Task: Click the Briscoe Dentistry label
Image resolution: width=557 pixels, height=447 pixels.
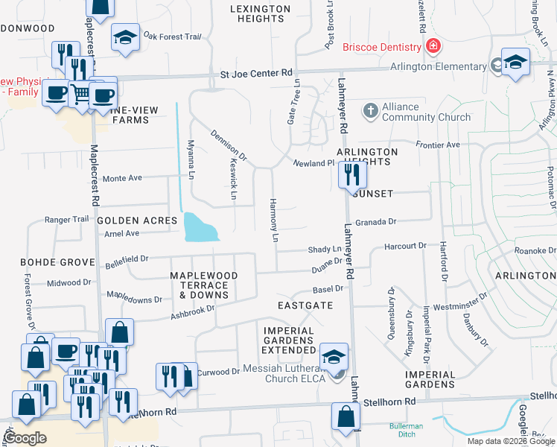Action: [382, 48]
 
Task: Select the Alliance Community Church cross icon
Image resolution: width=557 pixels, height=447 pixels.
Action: [371, 112]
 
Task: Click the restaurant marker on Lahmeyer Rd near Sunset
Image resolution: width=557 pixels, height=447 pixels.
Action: [351, 175]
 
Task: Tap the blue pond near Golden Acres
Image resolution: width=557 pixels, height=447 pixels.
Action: [200, 227]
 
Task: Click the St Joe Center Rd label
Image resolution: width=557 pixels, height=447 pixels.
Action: [256, 73]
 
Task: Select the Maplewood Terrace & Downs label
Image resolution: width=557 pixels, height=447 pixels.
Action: [203, 285]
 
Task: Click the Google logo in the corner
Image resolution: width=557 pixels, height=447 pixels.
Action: [25, 438]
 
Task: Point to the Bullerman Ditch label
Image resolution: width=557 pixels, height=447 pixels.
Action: [406, 430]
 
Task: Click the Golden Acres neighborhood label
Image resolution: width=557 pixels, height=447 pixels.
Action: [137, 221]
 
